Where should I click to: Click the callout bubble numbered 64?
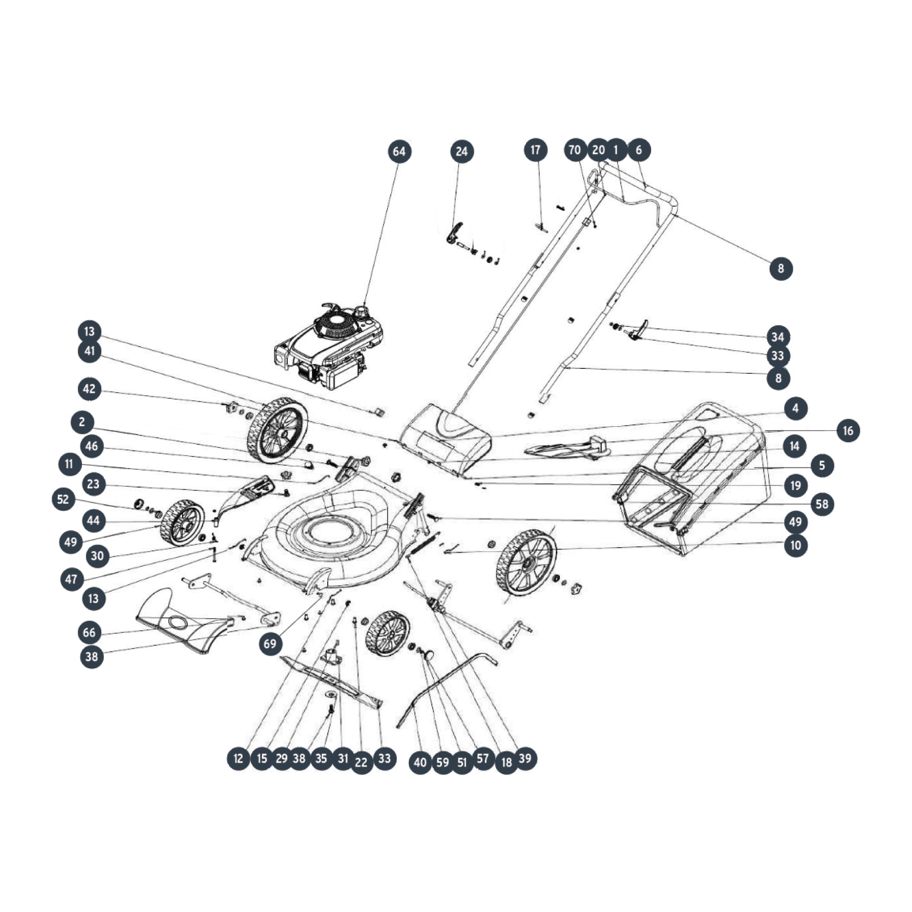coord(399,151)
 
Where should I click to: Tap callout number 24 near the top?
coord(462,151)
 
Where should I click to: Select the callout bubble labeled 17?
coord(536,150)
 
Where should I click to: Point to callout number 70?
coord(575,150)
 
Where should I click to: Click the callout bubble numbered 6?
coord(638,150)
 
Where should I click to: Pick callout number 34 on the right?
coord(778,336)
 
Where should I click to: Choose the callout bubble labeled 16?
coord(848,431)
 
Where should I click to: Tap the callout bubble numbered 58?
coord(822,504)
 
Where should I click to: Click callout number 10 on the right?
coord(795,545)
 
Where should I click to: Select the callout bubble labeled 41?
coord(90,351)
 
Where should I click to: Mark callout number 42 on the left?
coord(89,389)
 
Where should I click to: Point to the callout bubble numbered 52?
coord(63,499)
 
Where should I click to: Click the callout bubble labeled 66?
coord(89,632)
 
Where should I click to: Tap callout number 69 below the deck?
coord(271,643)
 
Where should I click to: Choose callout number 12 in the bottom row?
coord(238,758)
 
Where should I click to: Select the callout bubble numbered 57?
coord(483,758)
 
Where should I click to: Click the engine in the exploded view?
coord(328,347)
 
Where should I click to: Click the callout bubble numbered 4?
coord(795,408)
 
